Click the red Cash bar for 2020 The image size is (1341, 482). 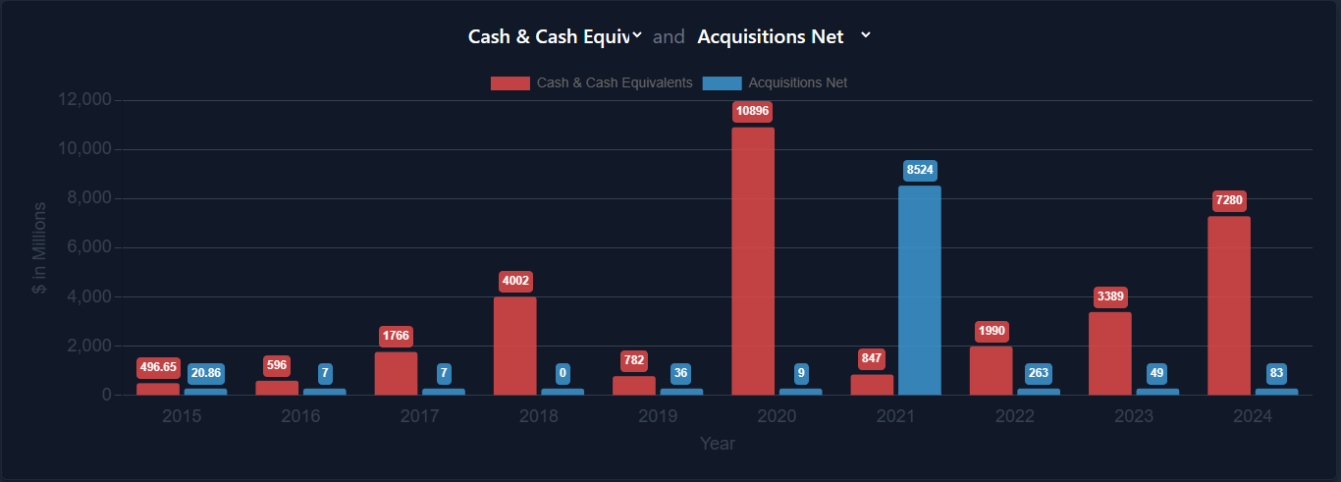[x=753, y=261]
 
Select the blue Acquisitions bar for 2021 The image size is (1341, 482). [x=919, y=291]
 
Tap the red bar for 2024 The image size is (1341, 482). [x=1228, y=305]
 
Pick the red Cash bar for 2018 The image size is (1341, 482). [x=514, y=346]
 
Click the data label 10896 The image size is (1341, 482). [x=753, y=111]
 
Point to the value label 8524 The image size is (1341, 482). [x=920, y=170]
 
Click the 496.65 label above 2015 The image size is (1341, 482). [x=158, y=367]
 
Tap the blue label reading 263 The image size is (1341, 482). [x=1039, y=373]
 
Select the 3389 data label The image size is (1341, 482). [x=1110, y=296]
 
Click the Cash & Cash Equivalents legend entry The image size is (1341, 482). [x=592, y=82]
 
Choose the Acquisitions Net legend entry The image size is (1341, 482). [x=775, y=82]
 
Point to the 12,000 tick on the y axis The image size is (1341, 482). [x=85, y=100]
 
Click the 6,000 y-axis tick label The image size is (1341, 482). [x=89, y=247]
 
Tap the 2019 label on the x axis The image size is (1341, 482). [x=658, y=416]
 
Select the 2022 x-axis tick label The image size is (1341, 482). [x=1015, y=416]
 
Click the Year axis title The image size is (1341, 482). [x=717, y=444]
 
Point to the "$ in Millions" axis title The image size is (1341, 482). [x=39, y=248]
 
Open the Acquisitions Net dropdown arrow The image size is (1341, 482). [x=865, y=35]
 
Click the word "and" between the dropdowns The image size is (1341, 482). [x=669, y=37]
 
